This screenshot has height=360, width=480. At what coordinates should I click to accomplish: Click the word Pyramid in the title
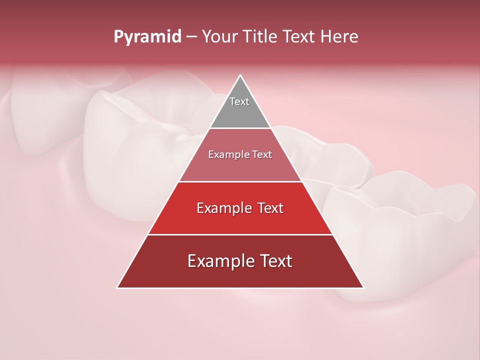click(147, 37)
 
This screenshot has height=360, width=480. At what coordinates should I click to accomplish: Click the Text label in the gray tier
click(239, 101)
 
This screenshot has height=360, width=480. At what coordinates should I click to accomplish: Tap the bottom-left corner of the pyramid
click(117, 287)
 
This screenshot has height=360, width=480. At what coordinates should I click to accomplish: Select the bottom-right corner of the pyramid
click(363, 287)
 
